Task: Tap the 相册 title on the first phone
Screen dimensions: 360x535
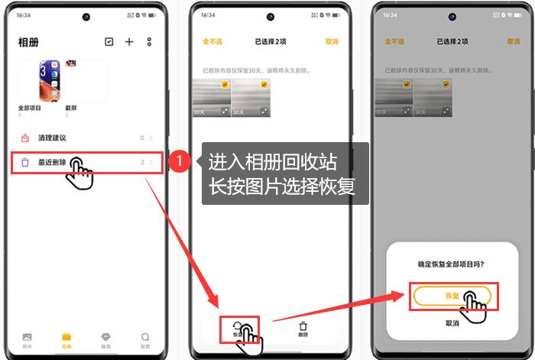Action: tap(28, 42)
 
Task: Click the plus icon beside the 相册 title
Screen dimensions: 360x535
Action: tap(129, 42)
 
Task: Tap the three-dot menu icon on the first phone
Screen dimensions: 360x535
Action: tap(149, 42)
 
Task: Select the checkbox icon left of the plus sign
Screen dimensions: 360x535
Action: tap(109, 42)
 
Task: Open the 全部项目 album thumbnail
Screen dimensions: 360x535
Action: tap(39, 82)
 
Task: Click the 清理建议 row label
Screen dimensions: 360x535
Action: tap(52, 138)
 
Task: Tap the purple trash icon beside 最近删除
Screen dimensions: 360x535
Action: tap(25, 163)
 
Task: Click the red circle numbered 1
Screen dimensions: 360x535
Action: tap(178, 162)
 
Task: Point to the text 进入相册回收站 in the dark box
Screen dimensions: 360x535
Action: tap(271, 162)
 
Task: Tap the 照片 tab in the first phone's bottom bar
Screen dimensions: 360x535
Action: tap(28, 339)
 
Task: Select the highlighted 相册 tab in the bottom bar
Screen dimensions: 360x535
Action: tap(66, 339)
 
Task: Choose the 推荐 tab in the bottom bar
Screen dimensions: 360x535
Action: tap(106, 339)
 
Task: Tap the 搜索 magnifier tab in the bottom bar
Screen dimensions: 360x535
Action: tap(145, 339)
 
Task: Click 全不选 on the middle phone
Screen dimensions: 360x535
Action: tap(211, 42)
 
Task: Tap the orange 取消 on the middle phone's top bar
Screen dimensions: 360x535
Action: tap(331, 42)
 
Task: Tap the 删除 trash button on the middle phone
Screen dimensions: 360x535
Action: tap(303, 329)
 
